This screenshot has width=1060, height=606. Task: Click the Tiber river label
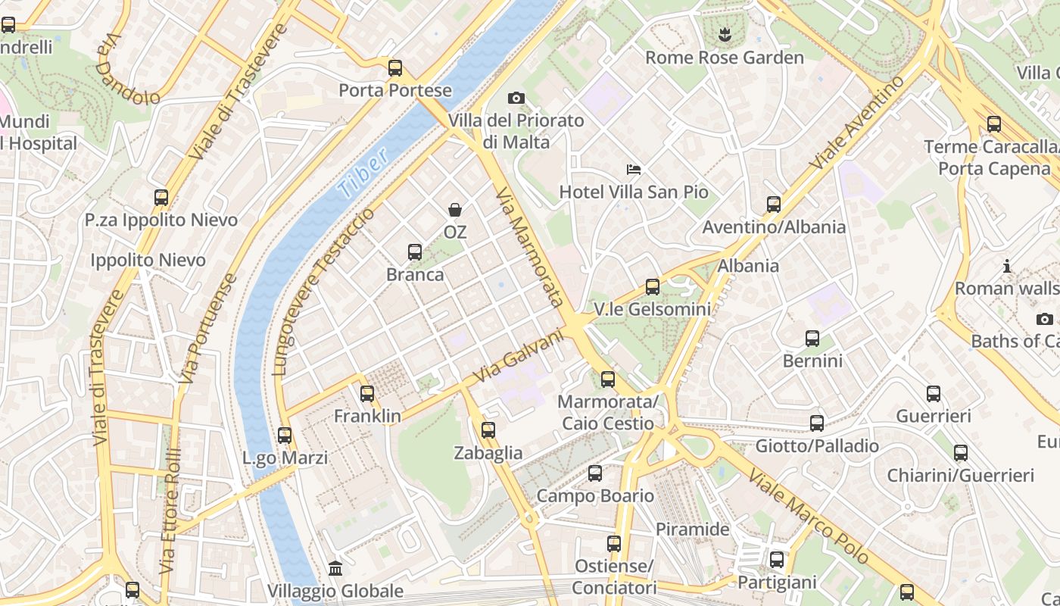[x=363, y=173]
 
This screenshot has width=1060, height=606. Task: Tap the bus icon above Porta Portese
[x=395, y=68]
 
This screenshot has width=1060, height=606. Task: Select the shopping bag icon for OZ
[x=455, y=209]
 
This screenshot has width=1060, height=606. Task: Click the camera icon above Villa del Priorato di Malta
[x=516, y=98]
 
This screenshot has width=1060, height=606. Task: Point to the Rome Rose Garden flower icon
[x=725, y=34]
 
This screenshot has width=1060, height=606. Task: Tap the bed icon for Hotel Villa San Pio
[x=634, y=169]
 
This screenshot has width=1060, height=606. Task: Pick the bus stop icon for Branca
[x=415, y=251]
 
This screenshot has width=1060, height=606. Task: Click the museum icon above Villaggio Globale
[x=335, y=568]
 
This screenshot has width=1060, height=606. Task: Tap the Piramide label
[x=692, y=529]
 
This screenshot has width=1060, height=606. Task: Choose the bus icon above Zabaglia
[x=488, y=430]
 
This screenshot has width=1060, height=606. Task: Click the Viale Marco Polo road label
[x=809, y=517]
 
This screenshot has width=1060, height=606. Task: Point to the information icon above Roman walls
[x=1007, y=266]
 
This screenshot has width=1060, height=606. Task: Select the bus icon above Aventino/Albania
[x=773, y=204]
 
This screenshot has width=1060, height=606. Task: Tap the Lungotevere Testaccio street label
[x=323, y=292]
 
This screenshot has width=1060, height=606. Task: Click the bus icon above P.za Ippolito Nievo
[x=161, y=198]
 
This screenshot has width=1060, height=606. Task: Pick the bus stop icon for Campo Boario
[x=595, y=473]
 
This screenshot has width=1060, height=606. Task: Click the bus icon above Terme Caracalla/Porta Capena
[x=993, y=123]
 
